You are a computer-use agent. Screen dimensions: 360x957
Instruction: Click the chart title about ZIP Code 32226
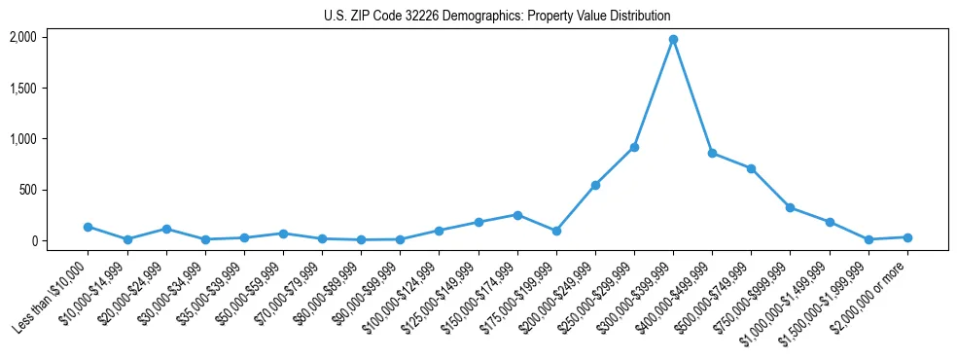497,17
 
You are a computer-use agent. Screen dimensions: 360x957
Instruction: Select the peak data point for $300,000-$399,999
673,40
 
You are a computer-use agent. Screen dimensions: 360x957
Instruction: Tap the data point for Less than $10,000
89,227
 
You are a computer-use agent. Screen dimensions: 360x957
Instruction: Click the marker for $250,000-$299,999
634,147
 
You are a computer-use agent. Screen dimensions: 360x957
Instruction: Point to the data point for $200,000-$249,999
595,185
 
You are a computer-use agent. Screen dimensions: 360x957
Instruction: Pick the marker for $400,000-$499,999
712,154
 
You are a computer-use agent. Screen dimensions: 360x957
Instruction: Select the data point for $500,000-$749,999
751,168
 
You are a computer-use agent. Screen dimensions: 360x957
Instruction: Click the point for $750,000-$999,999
790,207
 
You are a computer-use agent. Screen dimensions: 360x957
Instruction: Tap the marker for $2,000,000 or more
907,237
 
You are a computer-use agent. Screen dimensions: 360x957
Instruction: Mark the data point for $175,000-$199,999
556,231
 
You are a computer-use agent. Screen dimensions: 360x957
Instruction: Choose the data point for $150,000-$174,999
517,215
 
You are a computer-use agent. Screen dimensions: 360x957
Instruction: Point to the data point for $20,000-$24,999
166,229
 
